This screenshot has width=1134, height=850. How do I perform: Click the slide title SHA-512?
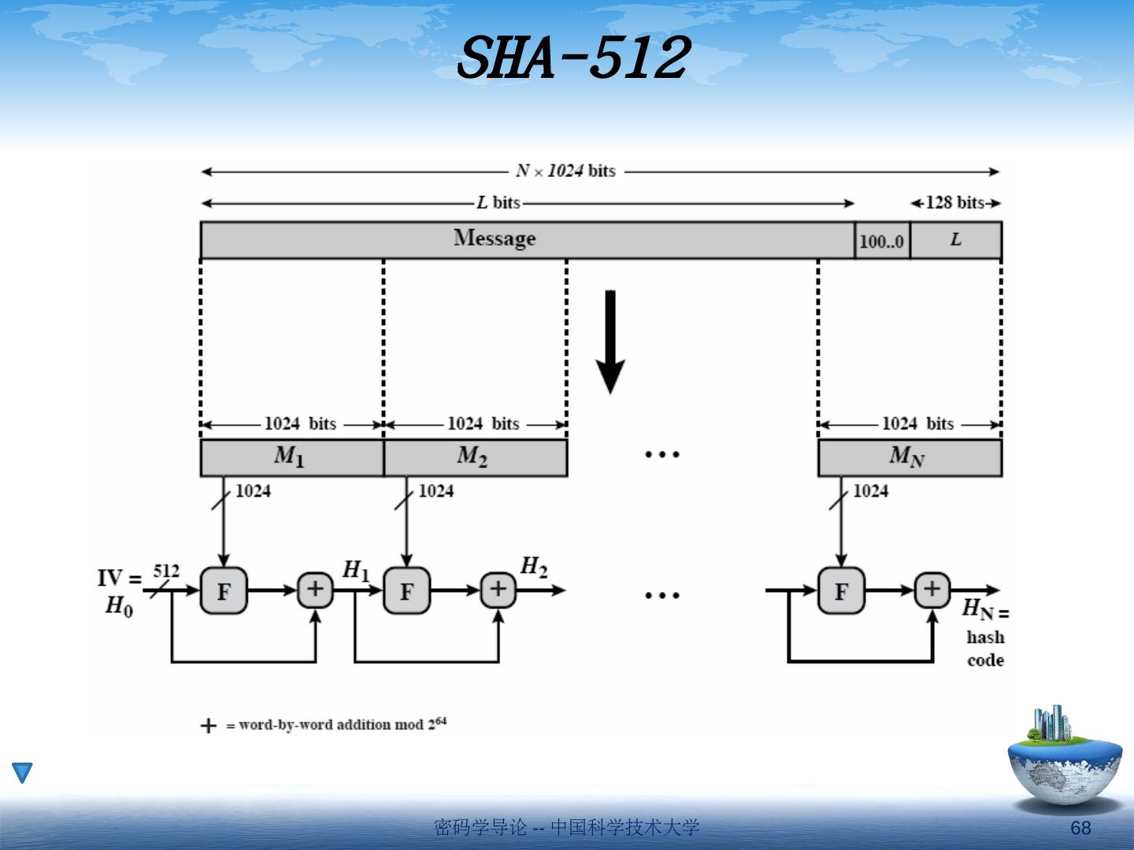point(573,58)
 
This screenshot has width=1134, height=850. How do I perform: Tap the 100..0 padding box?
point(882,241)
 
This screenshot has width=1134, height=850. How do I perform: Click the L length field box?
point(955,240)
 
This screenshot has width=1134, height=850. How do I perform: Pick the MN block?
point(909,457)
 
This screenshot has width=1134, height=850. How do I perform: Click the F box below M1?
point(224,590)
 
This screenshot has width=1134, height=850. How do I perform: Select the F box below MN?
point(841,590)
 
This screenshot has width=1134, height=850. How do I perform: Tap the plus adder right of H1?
point(498,589)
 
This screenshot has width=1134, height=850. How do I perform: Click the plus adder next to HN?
point(932,589)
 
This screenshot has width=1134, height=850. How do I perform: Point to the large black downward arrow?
point(610,342)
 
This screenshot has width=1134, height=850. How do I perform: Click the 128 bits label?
point(954,202)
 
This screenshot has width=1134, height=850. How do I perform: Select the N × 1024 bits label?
point(565,171)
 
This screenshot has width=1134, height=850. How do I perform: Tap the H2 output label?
point(534,567)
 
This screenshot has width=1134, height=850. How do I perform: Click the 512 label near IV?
point(166,571)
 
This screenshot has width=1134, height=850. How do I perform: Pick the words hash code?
point(985,649)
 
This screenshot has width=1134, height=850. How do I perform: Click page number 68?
point(1080,827)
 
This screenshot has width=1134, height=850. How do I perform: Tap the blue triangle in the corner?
point(23,772)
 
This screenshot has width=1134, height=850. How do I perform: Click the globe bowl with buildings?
point(1065,759)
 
